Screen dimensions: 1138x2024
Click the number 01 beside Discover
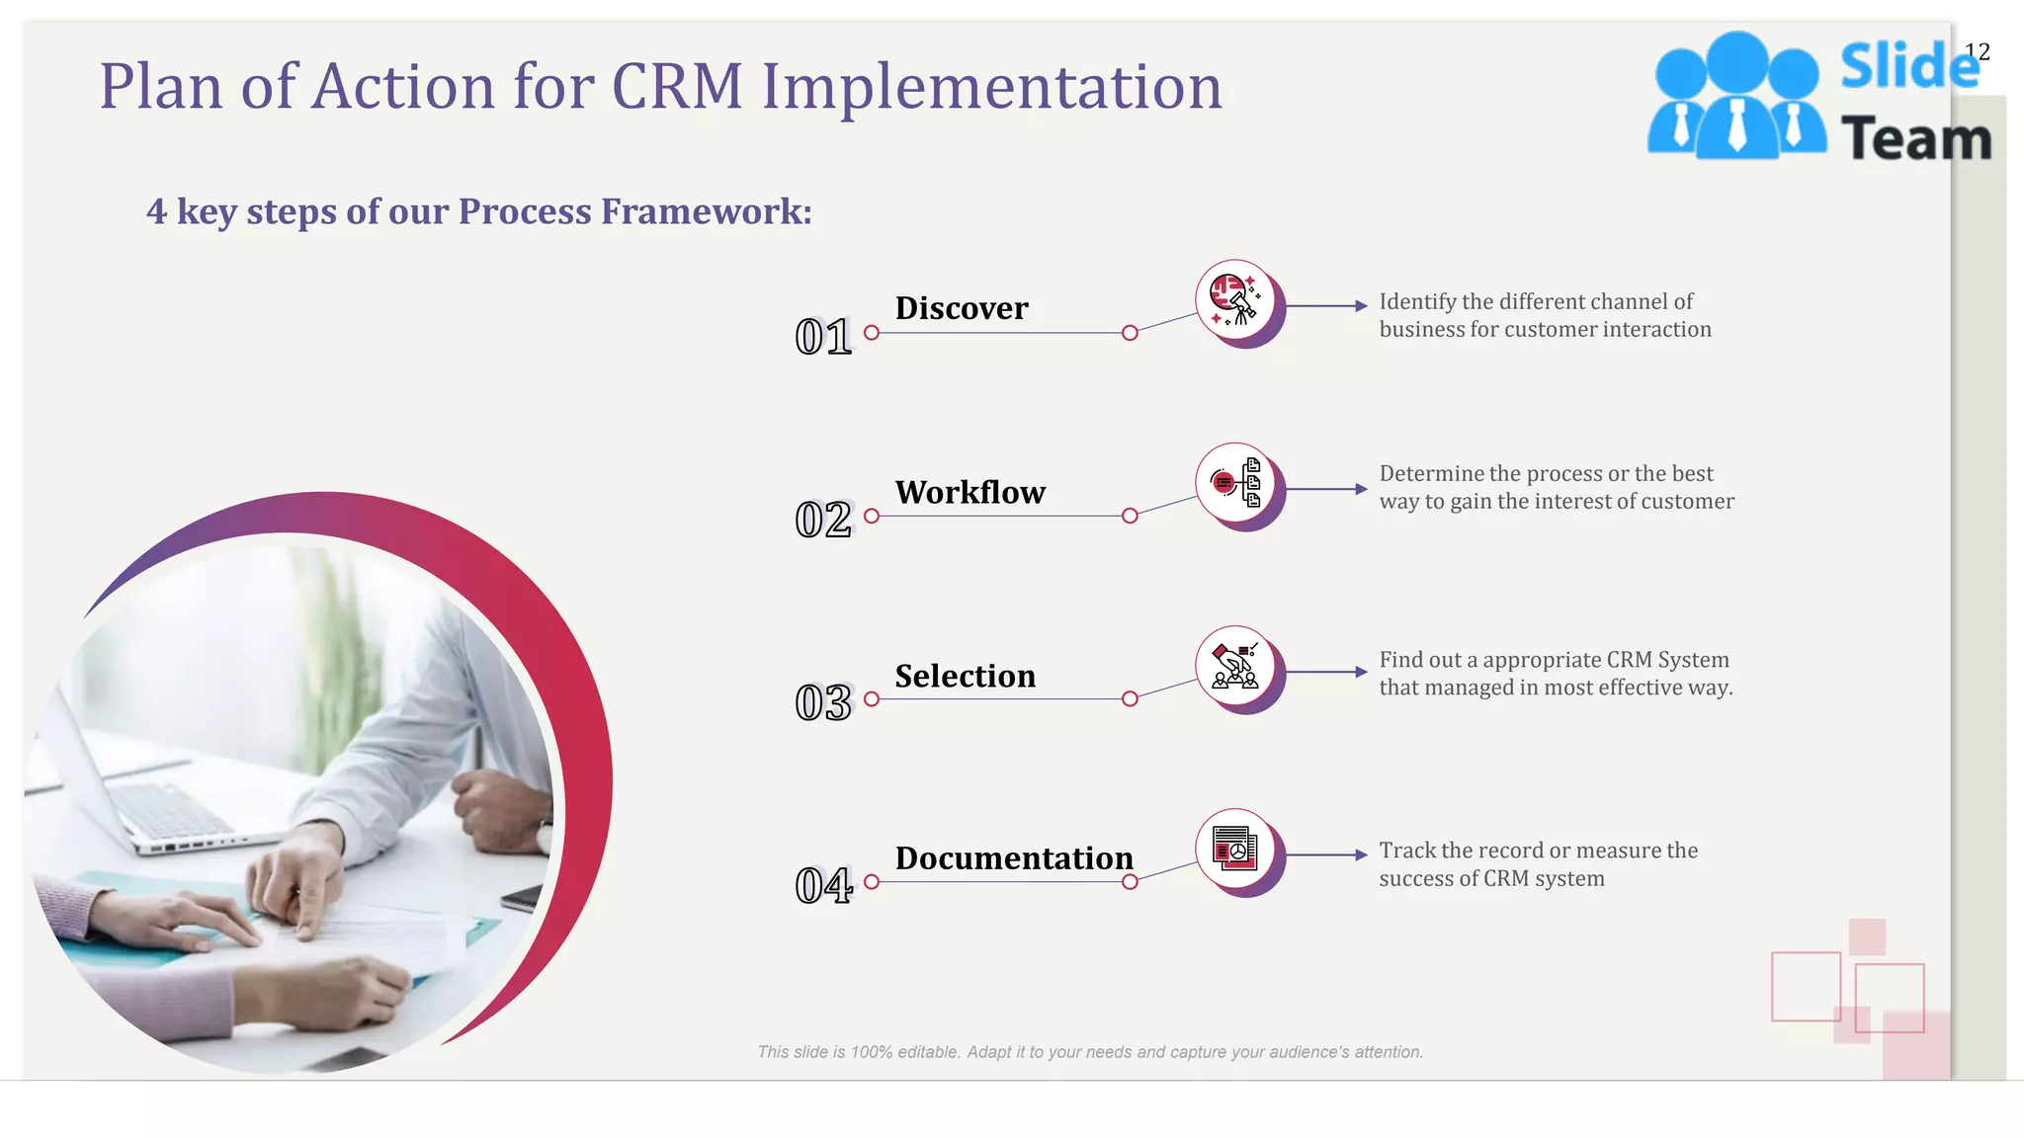(x=822, y=337)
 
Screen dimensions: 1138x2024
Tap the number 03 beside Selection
(x=822, y=703)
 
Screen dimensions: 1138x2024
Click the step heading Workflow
(x=970, y=492)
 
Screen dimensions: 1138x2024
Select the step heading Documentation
(x=1014, y=858)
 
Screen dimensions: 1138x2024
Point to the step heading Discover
(x=962, y=308)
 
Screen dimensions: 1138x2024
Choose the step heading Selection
(x=965, y=676)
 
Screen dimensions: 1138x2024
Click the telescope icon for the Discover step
(x=1235, y=299)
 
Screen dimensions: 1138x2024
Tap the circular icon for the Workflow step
(x=1235, y=482)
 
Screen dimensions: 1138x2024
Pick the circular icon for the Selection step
(x=1235, y=665)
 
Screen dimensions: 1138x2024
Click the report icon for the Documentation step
(x=1235, y=848)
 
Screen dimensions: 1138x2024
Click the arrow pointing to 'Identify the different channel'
(x=1326, y=306)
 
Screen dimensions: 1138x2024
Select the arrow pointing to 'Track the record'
(x=1326, y=854)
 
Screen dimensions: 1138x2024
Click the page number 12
(x=1977, y=51)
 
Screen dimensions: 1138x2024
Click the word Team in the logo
(x=1915, y=138)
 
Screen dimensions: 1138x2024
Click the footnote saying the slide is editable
(x=1089, y=1052)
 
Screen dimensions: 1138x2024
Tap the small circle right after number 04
(x=872, y=882)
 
